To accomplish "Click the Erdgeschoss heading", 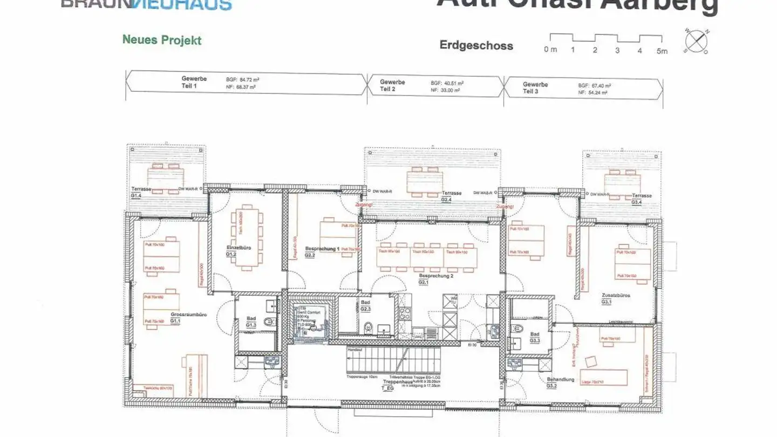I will pos(476,45).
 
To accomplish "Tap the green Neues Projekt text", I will pos(162,40).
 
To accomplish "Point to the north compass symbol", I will pos(697,42).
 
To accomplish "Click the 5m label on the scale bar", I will pos(662,51).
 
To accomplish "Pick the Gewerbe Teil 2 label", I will pos(392,85).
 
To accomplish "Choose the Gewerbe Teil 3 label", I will pos(535,88).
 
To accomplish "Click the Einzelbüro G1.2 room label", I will pos(231,250).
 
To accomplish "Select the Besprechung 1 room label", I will pos(322,251).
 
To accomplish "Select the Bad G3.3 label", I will pos(534,337).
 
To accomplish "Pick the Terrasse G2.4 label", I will pos(451,196).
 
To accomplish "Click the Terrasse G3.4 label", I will pos(642,199).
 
